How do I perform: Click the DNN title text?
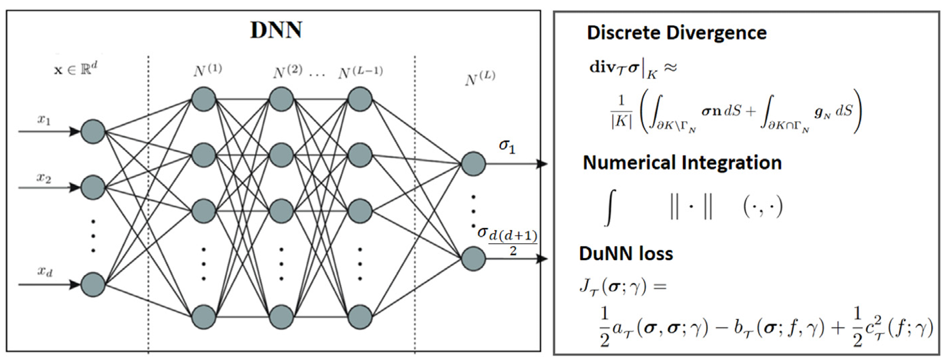tap(276, 31)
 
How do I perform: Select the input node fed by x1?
tap(93, 131)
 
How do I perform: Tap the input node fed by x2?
tap(93, 187)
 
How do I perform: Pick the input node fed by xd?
tap(93, 284)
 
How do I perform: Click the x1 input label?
tap(44, 120)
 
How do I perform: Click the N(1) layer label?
tap(207, 71)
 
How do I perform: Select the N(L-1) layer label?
tap(360, 72)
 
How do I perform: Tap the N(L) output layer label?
tap(480, 79)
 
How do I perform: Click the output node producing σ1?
tap(473, 164)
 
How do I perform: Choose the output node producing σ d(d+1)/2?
tap(473, 259)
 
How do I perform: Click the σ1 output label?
tap(507, 147)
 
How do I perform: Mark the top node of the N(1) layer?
tap(203, 99)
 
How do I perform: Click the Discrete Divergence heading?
tap(676, 33)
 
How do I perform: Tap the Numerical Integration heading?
tap(682, 163)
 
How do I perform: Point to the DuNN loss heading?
tap(626, 254)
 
